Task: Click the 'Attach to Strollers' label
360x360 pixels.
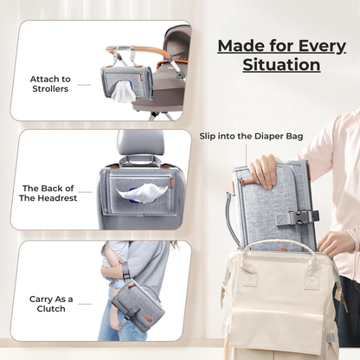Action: [x=50, y=84]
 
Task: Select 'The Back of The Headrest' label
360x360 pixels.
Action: [x=48, y=191]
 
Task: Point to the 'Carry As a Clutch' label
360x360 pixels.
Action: [x=52, y=303]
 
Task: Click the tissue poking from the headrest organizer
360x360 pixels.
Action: [x=145, y=191]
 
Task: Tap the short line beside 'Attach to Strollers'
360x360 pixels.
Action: [x=84, y=85]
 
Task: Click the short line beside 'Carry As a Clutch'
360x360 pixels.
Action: [x=84, y=303]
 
